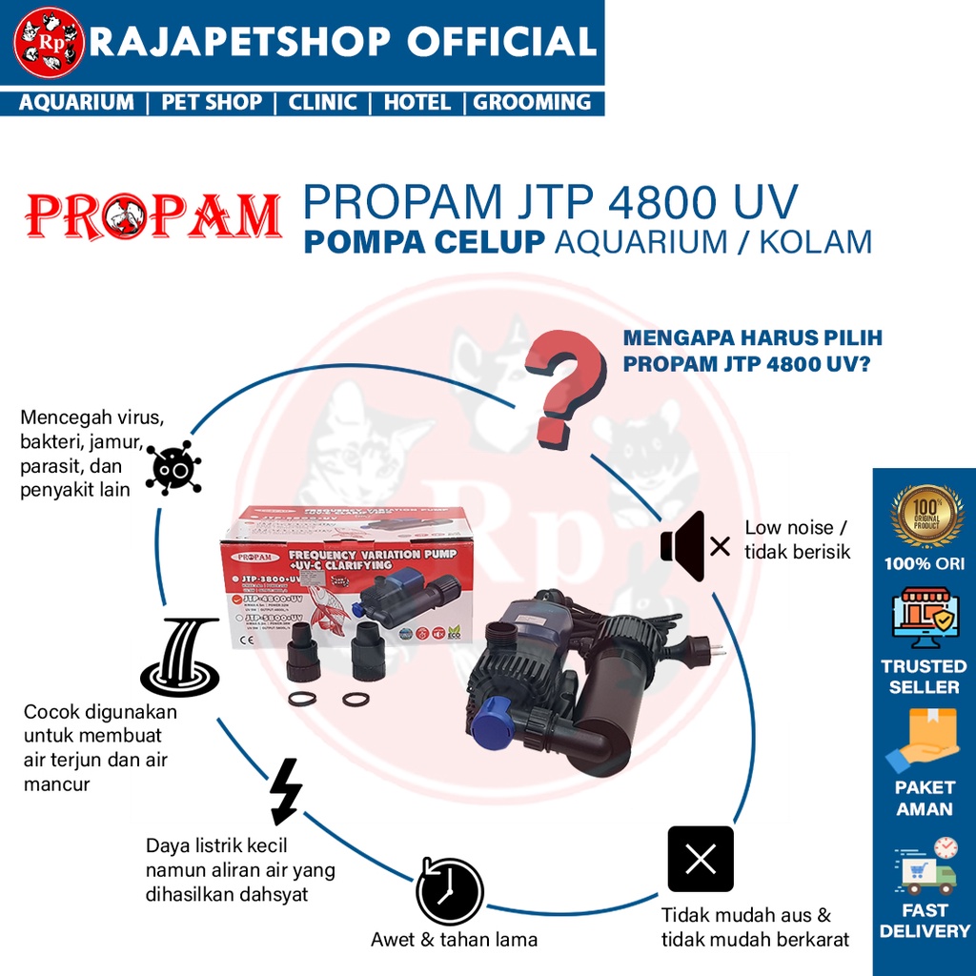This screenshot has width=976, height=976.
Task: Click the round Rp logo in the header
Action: (50, 43)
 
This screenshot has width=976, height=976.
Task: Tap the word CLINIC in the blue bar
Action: (322, 102)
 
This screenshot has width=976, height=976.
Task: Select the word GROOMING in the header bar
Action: (532, 102)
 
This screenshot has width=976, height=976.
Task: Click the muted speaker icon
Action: (694, 546)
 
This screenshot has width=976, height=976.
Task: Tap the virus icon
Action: (173, 467)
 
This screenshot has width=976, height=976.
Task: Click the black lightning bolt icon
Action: (286, 791)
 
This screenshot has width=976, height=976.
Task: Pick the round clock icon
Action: (450, 891)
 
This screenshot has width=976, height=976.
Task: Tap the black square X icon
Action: (701, 859)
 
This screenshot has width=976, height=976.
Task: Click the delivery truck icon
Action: (925, 864)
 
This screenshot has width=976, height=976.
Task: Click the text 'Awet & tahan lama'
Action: (454, 940)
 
